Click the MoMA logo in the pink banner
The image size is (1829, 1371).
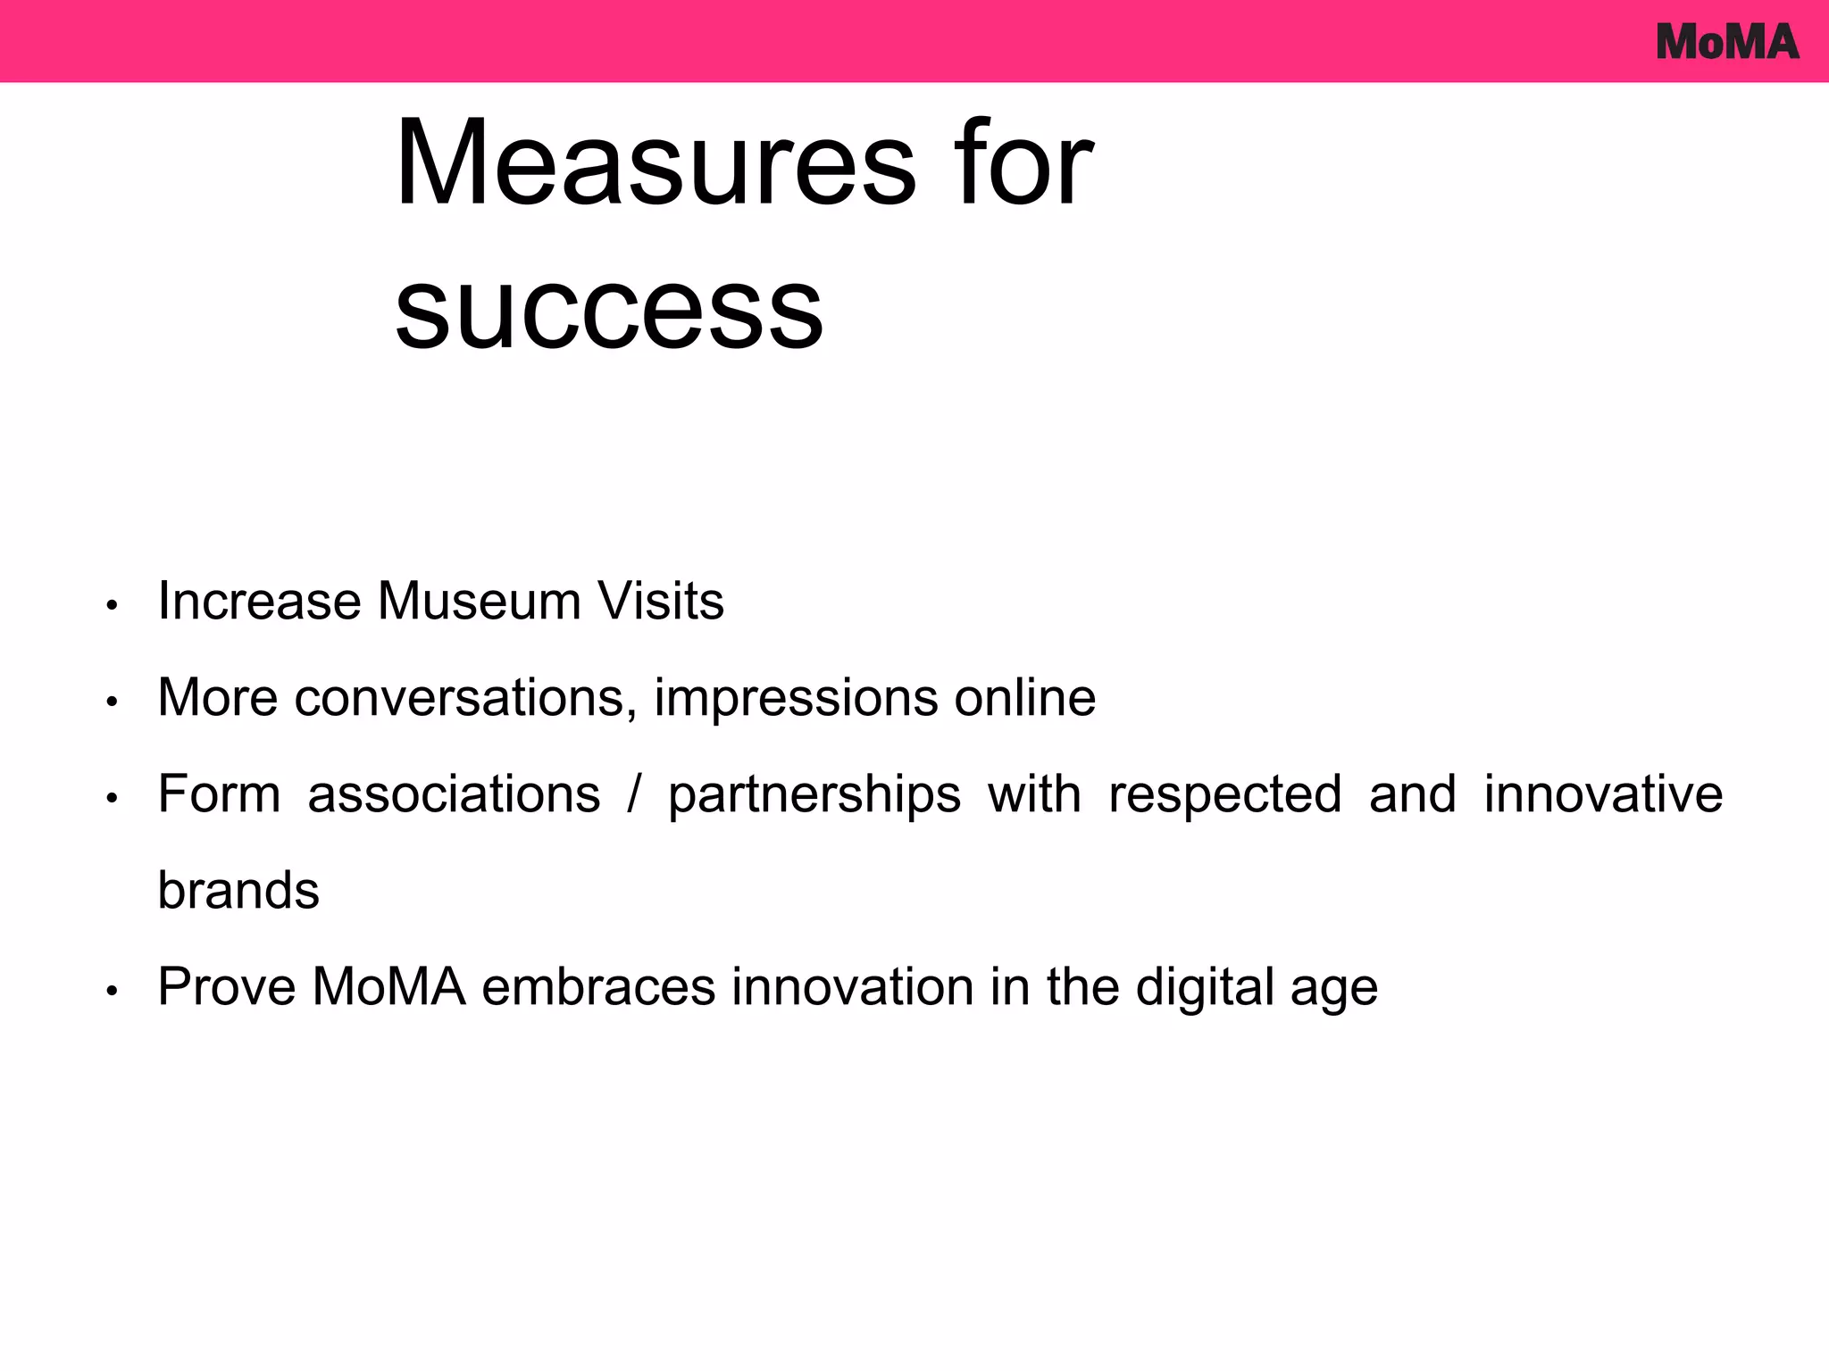click(x=1726, y=42)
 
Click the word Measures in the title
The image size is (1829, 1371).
click(x=656, y=164)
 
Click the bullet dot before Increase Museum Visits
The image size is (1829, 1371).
click(x=112, y=606)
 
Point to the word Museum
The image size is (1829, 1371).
click(x=479, y=601)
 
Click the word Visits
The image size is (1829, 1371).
click(x=661, y=601)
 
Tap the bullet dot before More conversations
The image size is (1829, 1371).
click(x=112, y=702)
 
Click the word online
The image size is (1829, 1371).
click(x=1024, y=697)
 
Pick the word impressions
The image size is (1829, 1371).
click(x=796, y=697)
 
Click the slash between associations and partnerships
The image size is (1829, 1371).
click(x=634, y=794)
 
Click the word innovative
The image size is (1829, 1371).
click(x=1603, y=794)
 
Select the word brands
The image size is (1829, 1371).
click(x=238, y=890)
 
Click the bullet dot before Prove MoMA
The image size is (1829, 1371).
click(x=112, y=992)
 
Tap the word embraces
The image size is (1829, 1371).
click(x=598, y=986)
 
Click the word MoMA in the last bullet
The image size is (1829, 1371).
click(x=388, y=986)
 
